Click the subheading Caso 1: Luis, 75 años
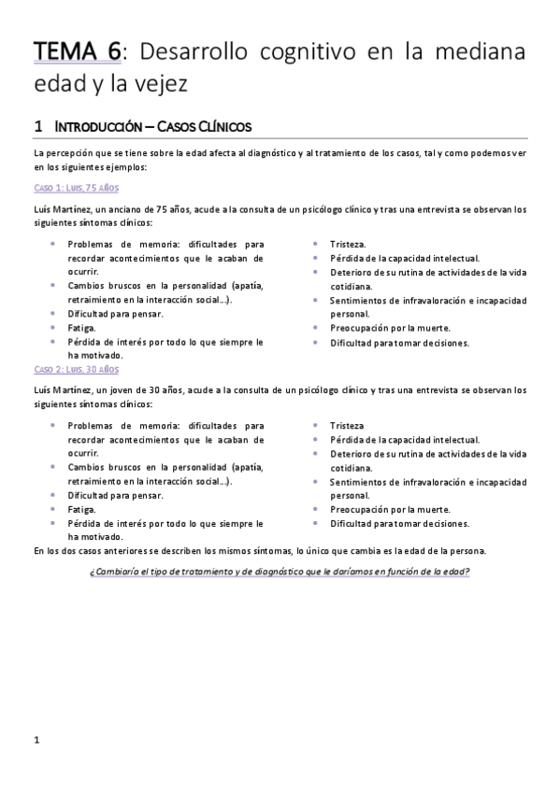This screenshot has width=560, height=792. point(69,188)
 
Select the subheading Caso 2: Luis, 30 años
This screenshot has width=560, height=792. point(69,370)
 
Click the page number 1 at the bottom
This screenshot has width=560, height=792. point(36,741)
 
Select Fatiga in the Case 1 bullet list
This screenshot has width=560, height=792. point(81,328)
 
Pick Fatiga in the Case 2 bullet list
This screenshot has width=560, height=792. point(81,509)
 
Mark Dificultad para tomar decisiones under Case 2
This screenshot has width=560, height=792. point(398,523)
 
